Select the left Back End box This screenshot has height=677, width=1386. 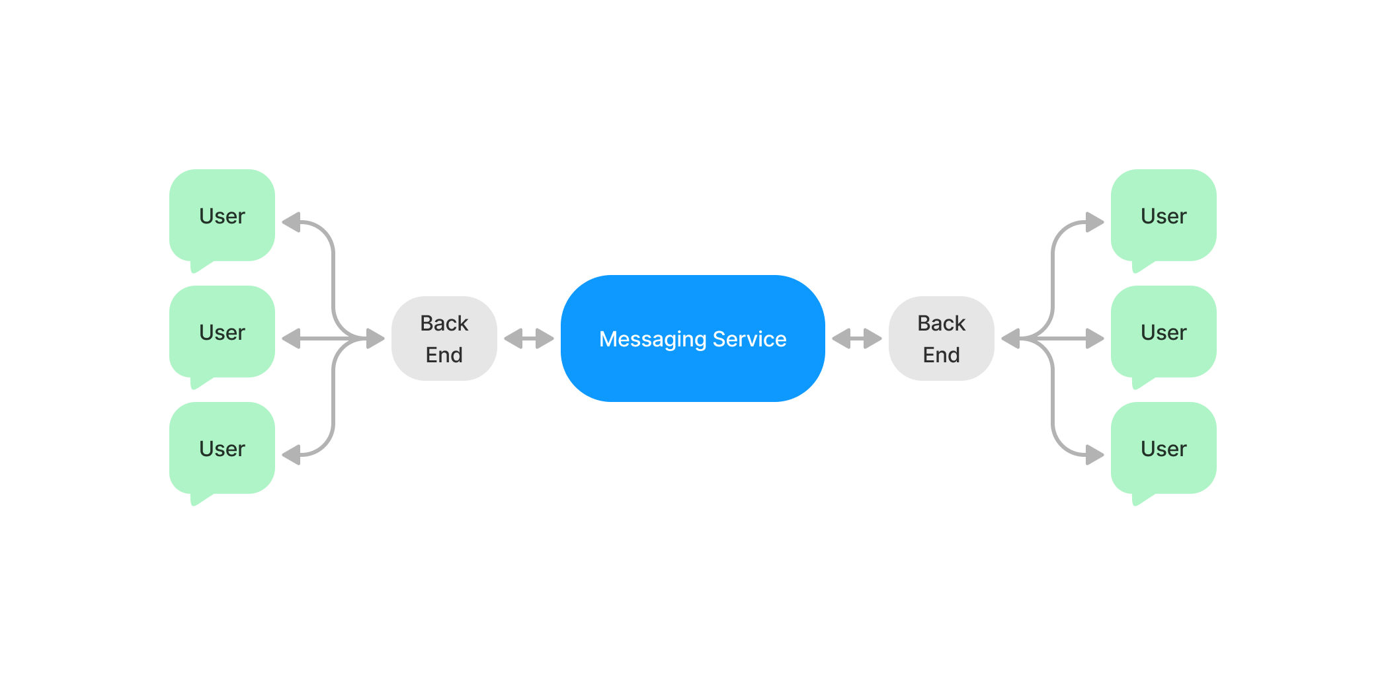click(x=444, y=338)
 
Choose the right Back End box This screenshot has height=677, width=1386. click(x=941, y=338)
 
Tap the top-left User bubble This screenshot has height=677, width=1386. click(x=222, y=216)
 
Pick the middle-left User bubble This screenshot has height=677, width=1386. click(x=222, y=332)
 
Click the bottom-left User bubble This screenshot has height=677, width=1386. click(x=222, y=448)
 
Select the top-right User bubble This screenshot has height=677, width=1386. click(x=1163, y=216)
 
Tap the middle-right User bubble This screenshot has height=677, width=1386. click(x=1163, y=332)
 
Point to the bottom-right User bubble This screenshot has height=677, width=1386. click(x=1163, y=448)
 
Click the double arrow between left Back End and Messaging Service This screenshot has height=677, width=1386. click(x=529, y=338)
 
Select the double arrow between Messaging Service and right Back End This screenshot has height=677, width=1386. click(x=856, y=338)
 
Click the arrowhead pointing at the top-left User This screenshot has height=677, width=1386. click(x=292, y=222)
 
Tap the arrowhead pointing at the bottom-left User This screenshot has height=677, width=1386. click(x=292, y=455)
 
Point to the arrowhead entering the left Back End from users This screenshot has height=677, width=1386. click(x=376, y=338)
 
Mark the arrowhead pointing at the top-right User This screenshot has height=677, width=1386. click(x=1094, y=222)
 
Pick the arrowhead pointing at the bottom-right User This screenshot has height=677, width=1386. click(x=1094, y=455)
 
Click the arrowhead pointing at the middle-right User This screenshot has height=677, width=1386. click(x=1094, y=338)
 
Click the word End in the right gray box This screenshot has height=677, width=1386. click(x=941, y=355)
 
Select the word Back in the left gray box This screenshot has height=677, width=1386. click(x=444, y=323)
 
